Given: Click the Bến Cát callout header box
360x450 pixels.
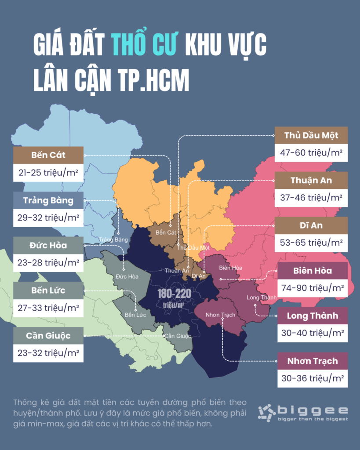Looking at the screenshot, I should point(48,155).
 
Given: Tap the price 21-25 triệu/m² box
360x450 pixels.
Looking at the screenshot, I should point(48,173).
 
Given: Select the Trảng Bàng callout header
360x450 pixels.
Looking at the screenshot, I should point(48,200).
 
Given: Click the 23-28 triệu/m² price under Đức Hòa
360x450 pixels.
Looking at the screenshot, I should point(48,263).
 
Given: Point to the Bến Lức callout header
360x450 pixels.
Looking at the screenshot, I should point(48,290).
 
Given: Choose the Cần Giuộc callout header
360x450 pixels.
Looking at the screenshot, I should point(48,336).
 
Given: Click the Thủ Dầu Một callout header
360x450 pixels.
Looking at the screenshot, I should point(311,135).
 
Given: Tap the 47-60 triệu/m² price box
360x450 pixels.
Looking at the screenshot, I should point(311,153).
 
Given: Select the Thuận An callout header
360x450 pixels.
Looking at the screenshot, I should point(311,180).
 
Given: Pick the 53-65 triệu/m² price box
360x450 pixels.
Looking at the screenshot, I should point(311,242).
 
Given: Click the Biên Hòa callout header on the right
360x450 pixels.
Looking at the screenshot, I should point(312,270).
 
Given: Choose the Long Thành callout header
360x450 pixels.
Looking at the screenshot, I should point(312,316).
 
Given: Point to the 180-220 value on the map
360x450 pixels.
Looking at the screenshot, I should point(173,293).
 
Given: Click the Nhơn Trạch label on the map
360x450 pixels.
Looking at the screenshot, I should point(221,315).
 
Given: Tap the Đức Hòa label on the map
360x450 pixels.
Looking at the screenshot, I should point(127,276).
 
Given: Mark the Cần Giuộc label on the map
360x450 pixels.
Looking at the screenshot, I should point(178,336).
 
